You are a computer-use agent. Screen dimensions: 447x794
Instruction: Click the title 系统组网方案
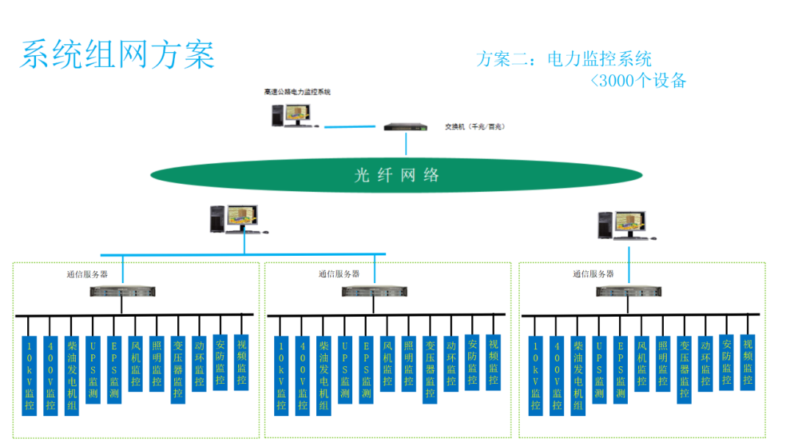pos(117,55)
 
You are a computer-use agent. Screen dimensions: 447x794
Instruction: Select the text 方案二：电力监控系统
pos(564,59)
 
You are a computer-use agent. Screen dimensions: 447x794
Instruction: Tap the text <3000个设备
pos(638,81)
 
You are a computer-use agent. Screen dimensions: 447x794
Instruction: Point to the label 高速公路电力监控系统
pos(297,93)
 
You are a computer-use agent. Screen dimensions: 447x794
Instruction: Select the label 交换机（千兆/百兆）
pos(474,126)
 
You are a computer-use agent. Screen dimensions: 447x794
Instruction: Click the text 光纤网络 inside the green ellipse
pos(396,175)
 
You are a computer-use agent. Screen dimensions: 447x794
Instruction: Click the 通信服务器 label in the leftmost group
pos(87,274)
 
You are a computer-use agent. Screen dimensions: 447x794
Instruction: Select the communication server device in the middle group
pos(374,292)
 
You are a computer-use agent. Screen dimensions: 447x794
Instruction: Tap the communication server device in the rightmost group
pos(628,292)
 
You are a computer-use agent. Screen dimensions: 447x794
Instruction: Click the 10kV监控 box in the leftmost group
pos(29,375)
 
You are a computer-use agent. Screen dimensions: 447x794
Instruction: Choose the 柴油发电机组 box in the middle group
pos(323,375)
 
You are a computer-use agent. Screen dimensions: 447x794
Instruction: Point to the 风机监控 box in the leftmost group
pos(135,363)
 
